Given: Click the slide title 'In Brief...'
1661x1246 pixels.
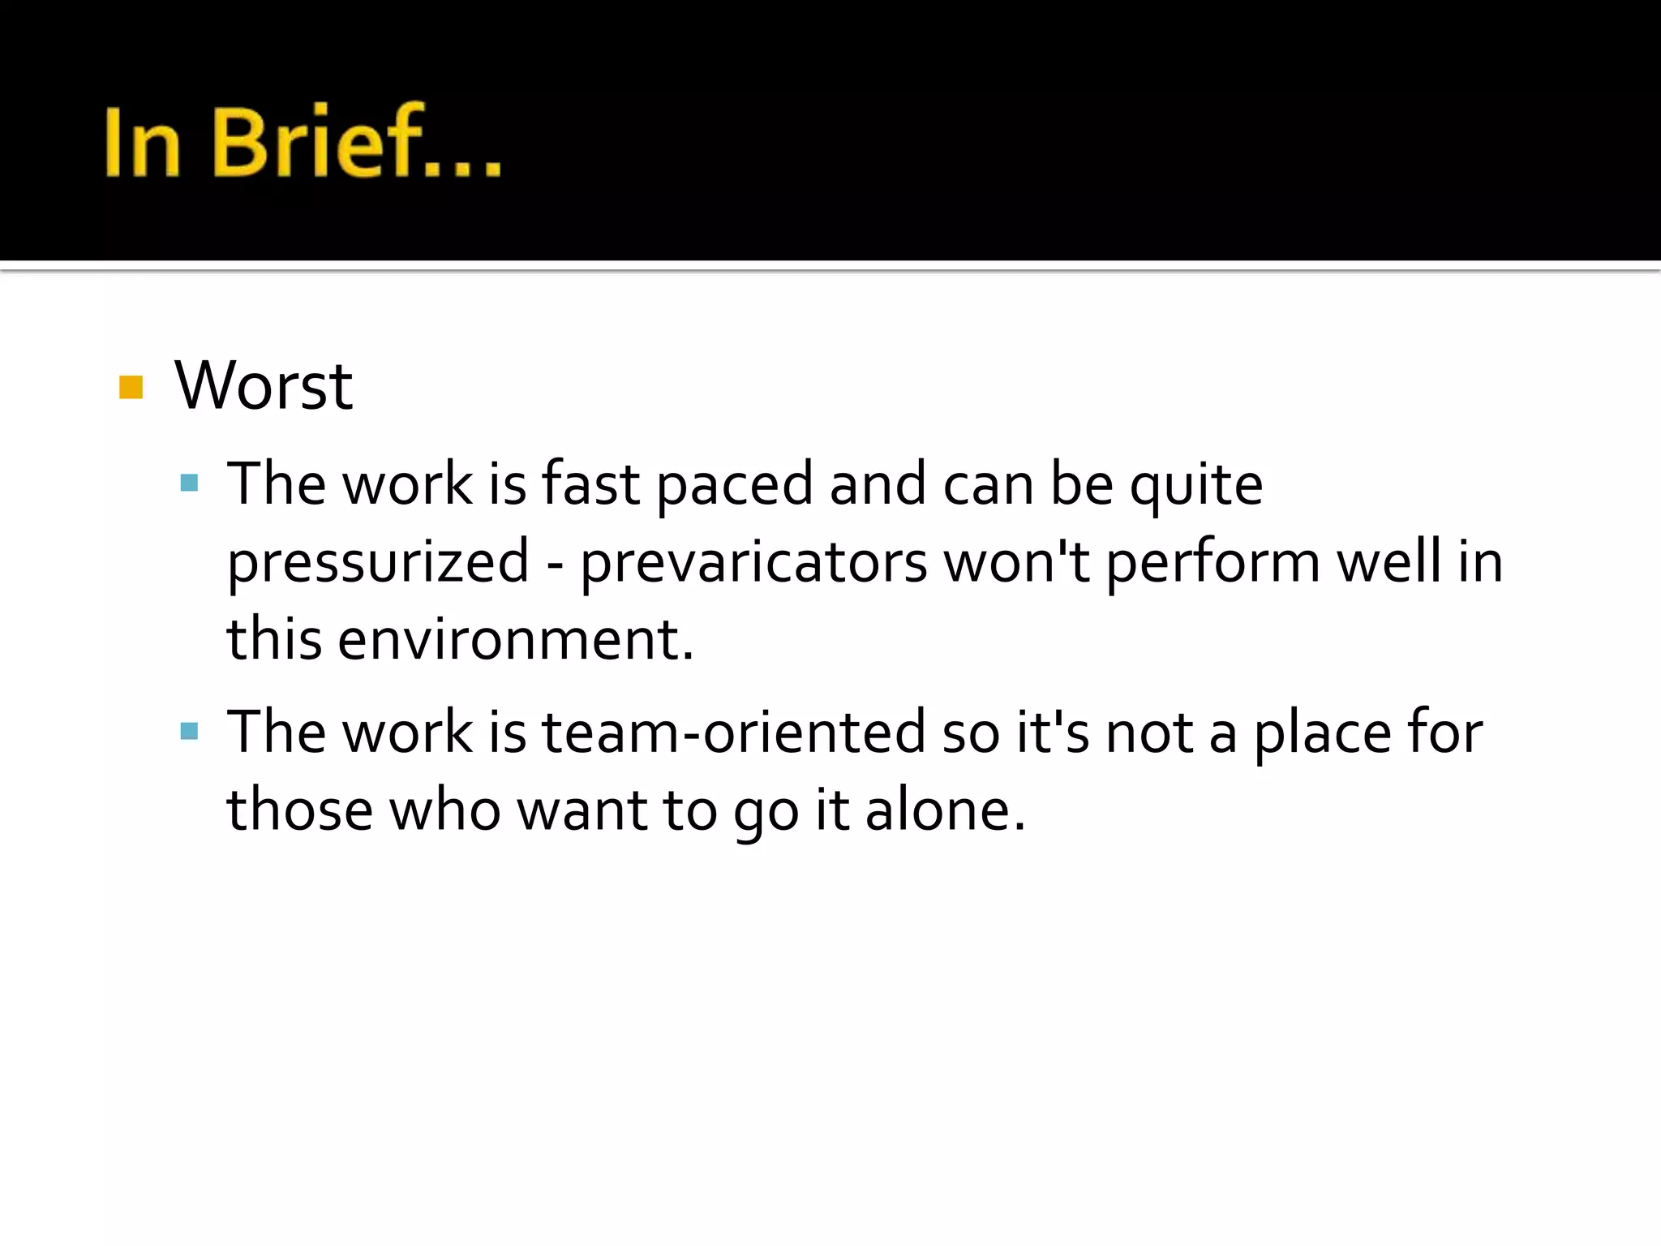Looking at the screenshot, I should [x=303, y=142].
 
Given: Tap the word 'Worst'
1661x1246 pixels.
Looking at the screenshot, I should [x=264, y=385].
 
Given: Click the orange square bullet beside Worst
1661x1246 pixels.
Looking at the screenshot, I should [x=131, y=387].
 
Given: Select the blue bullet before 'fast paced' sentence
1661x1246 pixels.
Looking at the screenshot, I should [x=190, y=484].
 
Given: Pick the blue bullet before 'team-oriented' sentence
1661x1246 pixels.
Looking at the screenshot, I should [x=190, y=732].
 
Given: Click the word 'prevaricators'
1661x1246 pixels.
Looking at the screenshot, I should [x=753, y=562].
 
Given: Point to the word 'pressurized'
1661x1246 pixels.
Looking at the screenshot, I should [x=378, y=562].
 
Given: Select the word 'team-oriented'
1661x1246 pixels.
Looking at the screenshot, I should [x=733, y=732].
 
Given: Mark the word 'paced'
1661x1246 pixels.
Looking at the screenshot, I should [x=734, y=485].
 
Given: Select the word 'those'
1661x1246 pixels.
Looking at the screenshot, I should [x=299, y=810].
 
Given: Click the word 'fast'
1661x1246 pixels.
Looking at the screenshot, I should [x=590, y=485].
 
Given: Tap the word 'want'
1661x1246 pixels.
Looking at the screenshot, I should [x=582, y=810].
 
